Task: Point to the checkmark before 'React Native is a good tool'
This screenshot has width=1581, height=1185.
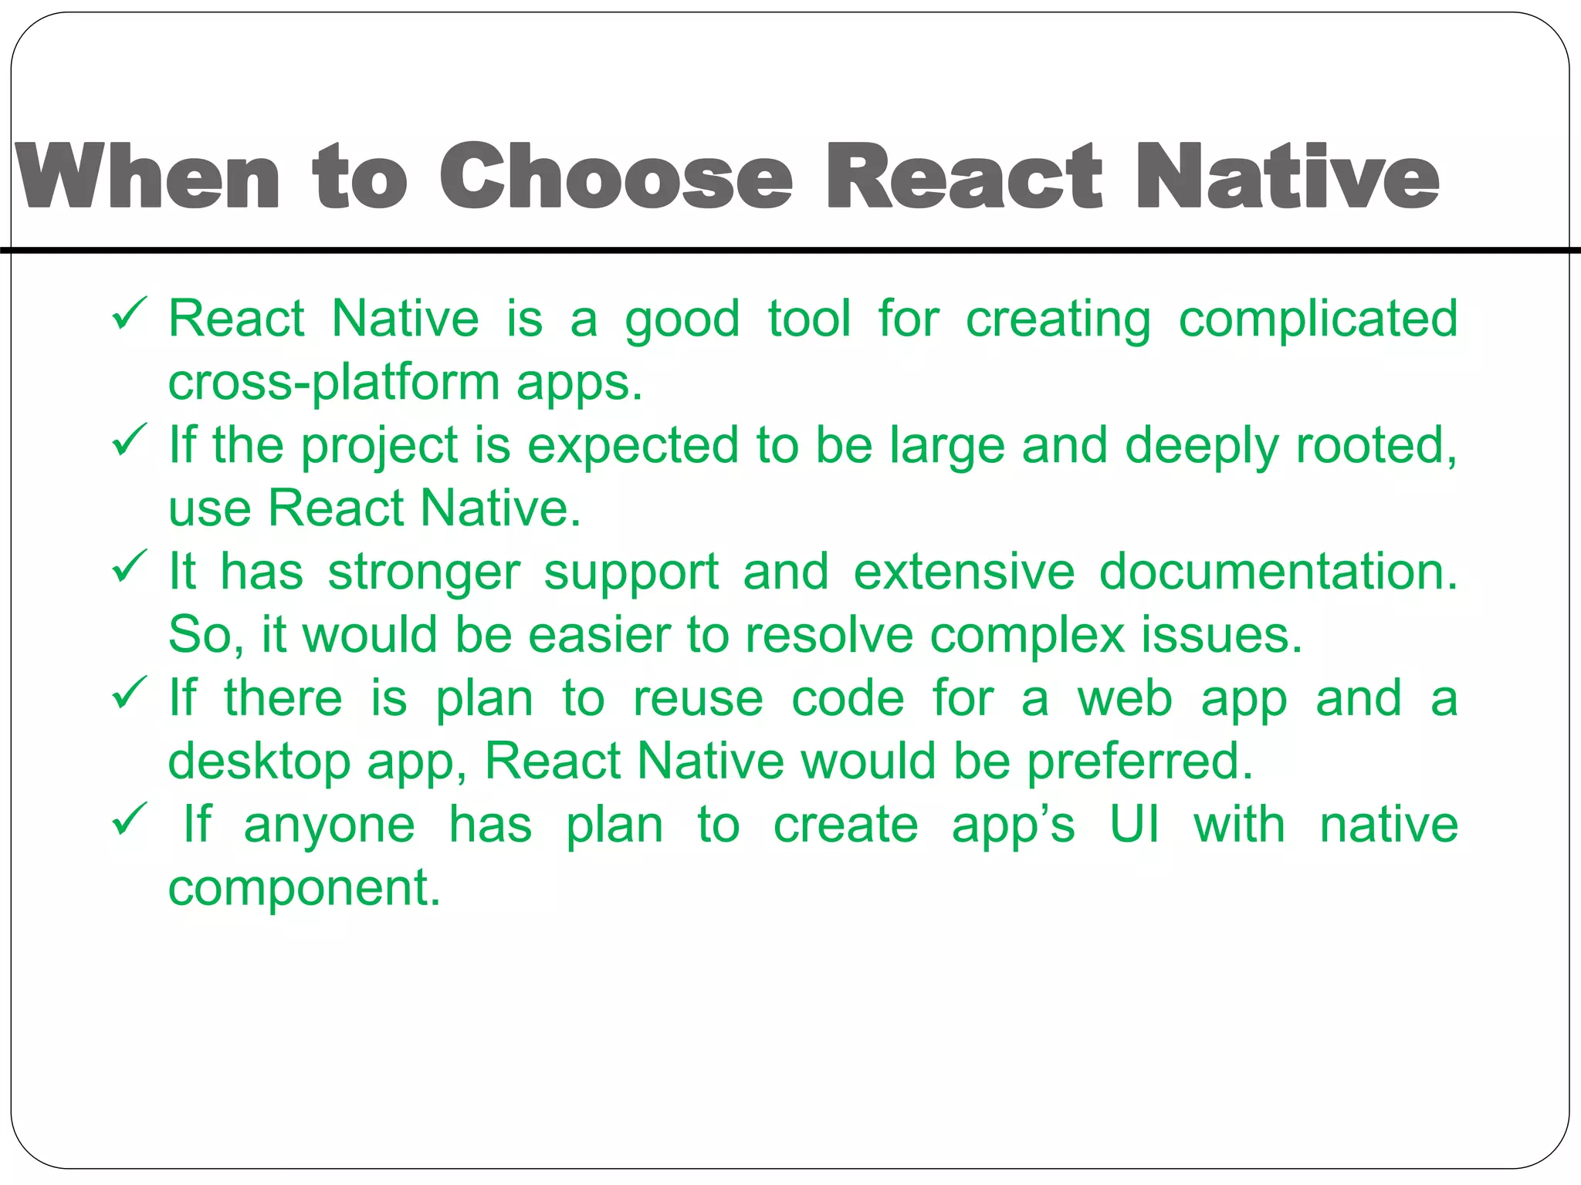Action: [128, 314]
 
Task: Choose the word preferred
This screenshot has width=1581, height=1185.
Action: [1139, 762]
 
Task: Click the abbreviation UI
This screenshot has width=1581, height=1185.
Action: [1134, 825]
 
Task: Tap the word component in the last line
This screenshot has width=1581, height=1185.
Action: [304, 889]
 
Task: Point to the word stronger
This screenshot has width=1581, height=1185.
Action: [425, 573]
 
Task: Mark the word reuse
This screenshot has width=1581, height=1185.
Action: [698, 699]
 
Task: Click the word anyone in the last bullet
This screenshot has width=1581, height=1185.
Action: [330, 826]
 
